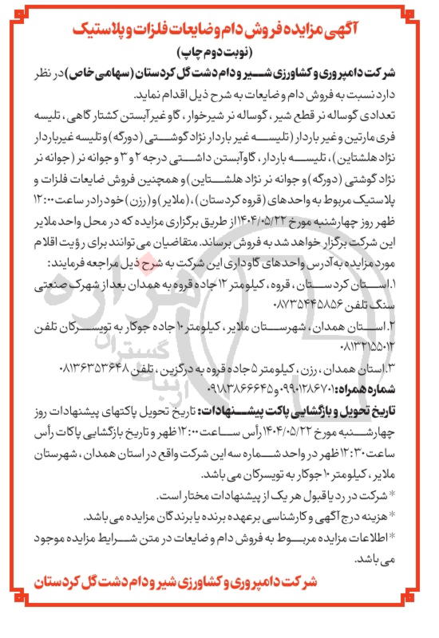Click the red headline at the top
pos(219,33)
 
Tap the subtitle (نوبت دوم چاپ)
pos(219,57)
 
